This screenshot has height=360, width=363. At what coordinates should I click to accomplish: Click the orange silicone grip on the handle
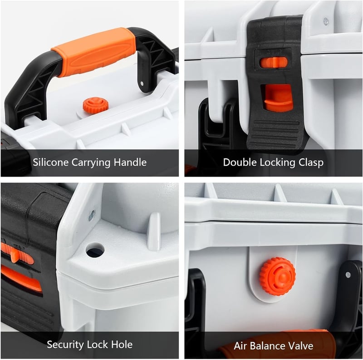[94, 52]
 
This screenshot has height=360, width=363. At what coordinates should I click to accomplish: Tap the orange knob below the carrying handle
[95, 106]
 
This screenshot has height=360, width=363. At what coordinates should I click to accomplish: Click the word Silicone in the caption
[50, 162]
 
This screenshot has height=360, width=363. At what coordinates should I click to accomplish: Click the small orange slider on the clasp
[274, 62]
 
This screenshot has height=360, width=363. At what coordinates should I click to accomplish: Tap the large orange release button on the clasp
[278, 98]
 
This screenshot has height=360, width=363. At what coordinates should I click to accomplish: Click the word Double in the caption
[240, 162]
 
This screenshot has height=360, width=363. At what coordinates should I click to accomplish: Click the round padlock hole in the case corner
[95, 250]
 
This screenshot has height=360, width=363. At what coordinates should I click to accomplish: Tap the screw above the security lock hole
[92, 216]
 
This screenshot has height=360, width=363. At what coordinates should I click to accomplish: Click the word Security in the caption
[65, 345]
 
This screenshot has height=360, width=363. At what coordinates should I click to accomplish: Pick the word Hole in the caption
[122, 345]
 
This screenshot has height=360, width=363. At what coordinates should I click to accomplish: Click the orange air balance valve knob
[278, 276]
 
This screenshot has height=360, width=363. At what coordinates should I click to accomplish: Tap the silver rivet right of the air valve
[348, 275]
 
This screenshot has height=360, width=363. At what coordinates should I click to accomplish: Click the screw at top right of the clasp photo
[326, 21]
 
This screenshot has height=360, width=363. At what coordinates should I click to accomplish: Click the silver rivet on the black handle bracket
[142, 83]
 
